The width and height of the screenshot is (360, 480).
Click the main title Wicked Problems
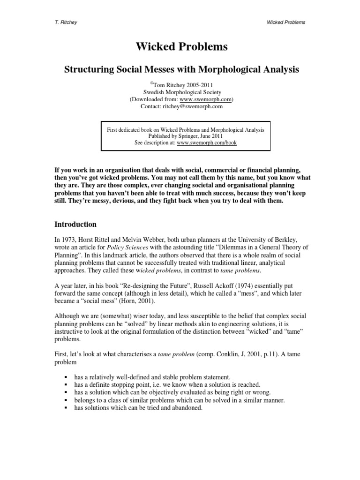[x=181, y=47]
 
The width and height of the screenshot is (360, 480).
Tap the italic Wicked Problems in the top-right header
[x=285, y=22]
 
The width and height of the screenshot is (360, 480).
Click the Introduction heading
[x=75, y=224]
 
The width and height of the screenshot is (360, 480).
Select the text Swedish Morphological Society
[x=181, y=92]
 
